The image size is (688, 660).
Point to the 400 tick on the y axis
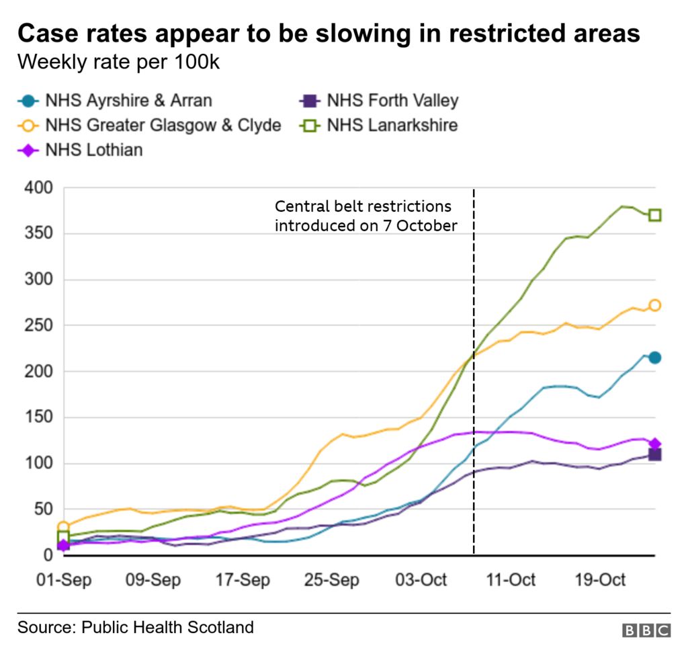[38, 188]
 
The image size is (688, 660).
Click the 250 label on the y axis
[38, 326]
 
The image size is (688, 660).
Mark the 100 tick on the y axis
[38, 464]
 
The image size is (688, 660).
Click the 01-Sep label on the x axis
[63, 579]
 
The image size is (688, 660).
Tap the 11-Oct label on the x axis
[511, 579]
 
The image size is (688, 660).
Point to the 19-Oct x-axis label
[601, 579]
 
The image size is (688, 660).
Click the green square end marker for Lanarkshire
[654, 215]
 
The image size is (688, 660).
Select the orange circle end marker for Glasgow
[654, 305]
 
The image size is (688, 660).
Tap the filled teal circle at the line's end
[654, 358]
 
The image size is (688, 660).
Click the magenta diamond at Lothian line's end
[654, 444]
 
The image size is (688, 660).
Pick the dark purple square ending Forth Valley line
[654, 455]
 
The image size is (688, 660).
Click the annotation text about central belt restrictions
[365, 216]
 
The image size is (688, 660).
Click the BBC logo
[646, 630]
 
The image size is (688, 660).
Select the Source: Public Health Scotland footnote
[136, 628]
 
